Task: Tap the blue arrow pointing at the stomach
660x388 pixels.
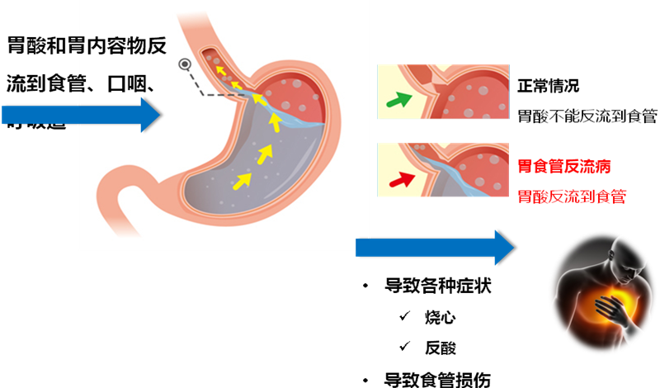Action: [x=82, y=115]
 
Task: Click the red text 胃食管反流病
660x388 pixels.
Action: [x=564, y=166]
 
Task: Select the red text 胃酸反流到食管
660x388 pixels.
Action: [x=570, y=197]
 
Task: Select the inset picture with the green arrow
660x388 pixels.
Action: [x=443, y=92]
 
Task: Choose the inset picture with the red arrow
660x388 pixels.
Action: [x=443, y=170]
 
